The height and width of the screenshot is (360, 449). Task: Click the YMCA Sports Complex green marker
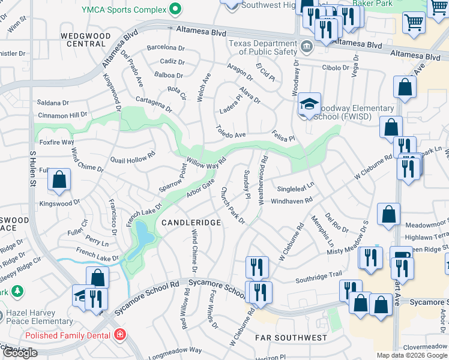point(175,9)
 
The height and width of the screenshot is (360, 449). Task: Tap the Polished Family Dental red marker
point(120,334)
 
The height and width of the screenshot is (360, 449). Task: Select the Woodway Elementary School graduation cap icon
point(310,104)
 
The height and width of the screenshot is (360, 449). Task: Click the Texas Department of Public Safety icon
point(306,46)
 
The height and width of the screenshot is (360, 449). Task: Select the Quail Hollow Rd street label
point(133,157)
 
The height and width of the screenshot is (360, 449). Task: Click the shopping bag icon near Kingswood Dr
point(59,179)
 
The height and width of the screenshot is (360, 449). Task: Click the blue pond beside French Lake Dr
point(144,236)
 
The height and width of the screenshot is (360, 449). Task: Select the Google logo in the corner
point(20,353)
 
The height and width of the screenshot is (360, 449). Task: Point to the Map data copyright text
point(412,355)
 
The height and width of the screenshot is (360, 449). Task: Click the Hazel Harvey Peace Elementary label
point(37,317)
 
